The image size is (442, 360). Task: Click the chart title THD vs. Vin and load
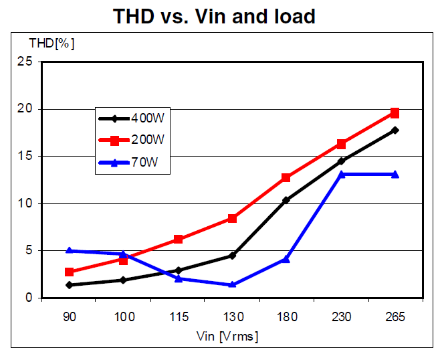click(x=221, y=16)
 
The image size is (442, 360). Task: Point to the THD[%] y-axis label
click(x=51, y=44)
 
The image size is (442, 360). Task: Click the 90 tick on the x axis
click(x=69, y=317)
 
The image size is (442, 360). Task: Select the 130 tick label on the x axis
click(x=232, y=317)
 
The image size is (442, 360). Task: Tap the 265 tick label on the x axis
click(x=395, y=317)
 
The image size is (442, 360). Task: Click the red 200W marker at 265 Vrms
click(x=395, y=113)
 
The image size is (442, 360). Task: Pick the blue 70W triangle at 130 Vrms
click(x=232, y=284)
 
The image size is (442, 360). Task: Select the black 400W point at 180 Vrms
click(x=286, y=200)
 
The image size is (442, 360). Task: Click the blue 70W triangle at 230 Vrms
click(x=341, y=174)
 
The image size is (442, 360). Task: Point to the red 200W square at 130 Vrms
click(x=232, y=218)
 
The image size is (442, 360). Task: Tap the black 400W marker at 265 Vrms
click(x=395, y=130)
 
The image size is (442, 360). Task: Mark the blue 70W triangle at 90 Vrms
click(x=69, y=250)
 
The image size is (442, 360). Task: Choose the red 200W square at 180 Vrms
click(x=286, y=177)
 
